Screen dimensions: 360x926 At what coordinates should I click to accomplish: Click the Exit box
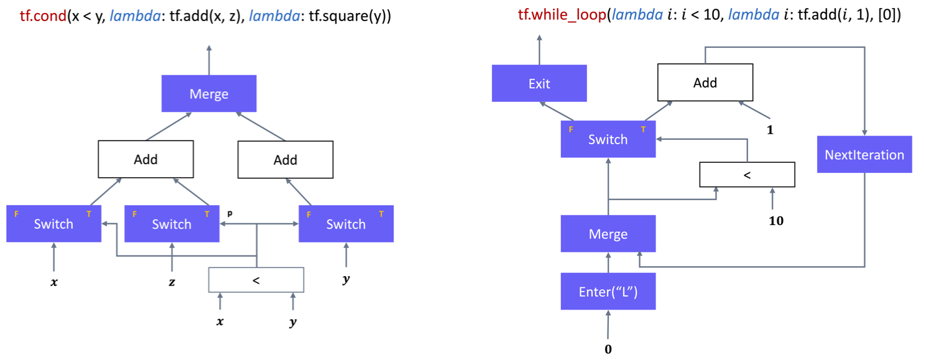539,83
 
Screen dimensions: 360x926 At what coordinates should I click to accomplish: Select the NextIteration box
864,154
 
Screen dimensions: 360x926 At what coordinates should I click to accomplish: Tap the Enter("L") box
608,292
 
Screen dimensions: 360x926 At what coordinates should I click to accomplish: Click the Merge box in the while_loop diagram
608,234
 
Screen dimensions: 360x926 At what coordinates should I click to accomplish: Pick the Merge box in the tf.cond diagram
208,94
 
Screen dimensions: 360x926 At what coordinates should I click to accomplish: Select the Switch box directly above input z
172,224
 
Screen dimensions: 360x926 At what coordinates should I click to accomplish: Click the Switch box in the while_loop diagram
608,139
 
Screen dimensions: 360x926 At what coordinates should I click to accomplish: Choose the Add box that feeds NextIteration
705,83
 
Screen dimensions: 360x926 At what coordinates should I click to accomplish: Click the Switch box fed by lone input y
346,224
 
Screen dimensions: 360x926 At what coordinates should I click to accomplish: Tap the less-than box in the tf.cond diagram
256,280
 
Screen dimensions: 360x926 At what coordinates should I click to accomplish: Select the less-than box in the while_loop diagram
747,175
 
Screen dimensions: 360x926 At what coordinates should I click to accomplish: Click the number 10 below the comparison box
776,220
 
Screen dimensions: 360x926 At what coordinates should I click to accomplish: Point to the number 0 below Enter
608,349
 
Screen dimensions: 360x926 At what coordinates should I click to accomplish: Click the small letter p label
229,212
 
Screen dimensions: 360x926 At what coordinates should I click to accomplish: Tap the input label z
172,281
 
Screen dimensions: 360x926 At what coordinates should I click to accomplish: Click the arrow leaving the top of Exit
539,50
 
